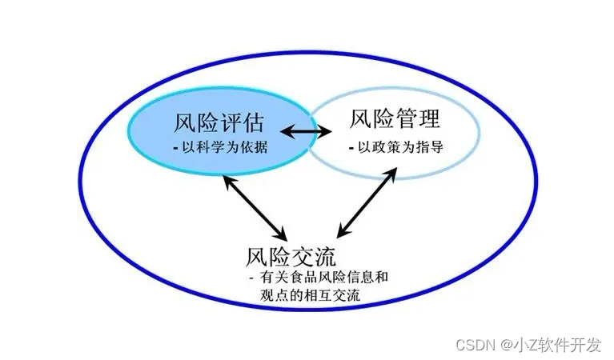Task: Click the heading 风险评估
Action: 219,124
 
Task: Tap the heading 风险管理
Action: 395,120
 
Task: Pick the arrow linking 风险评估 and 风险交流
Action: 255,207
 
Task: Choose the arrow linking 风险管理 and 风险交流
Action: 367,203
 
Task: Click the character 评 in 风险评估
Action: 230,124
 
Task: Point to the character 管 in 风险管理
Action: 406,120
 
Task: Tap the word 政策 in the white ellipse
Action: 383,147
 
